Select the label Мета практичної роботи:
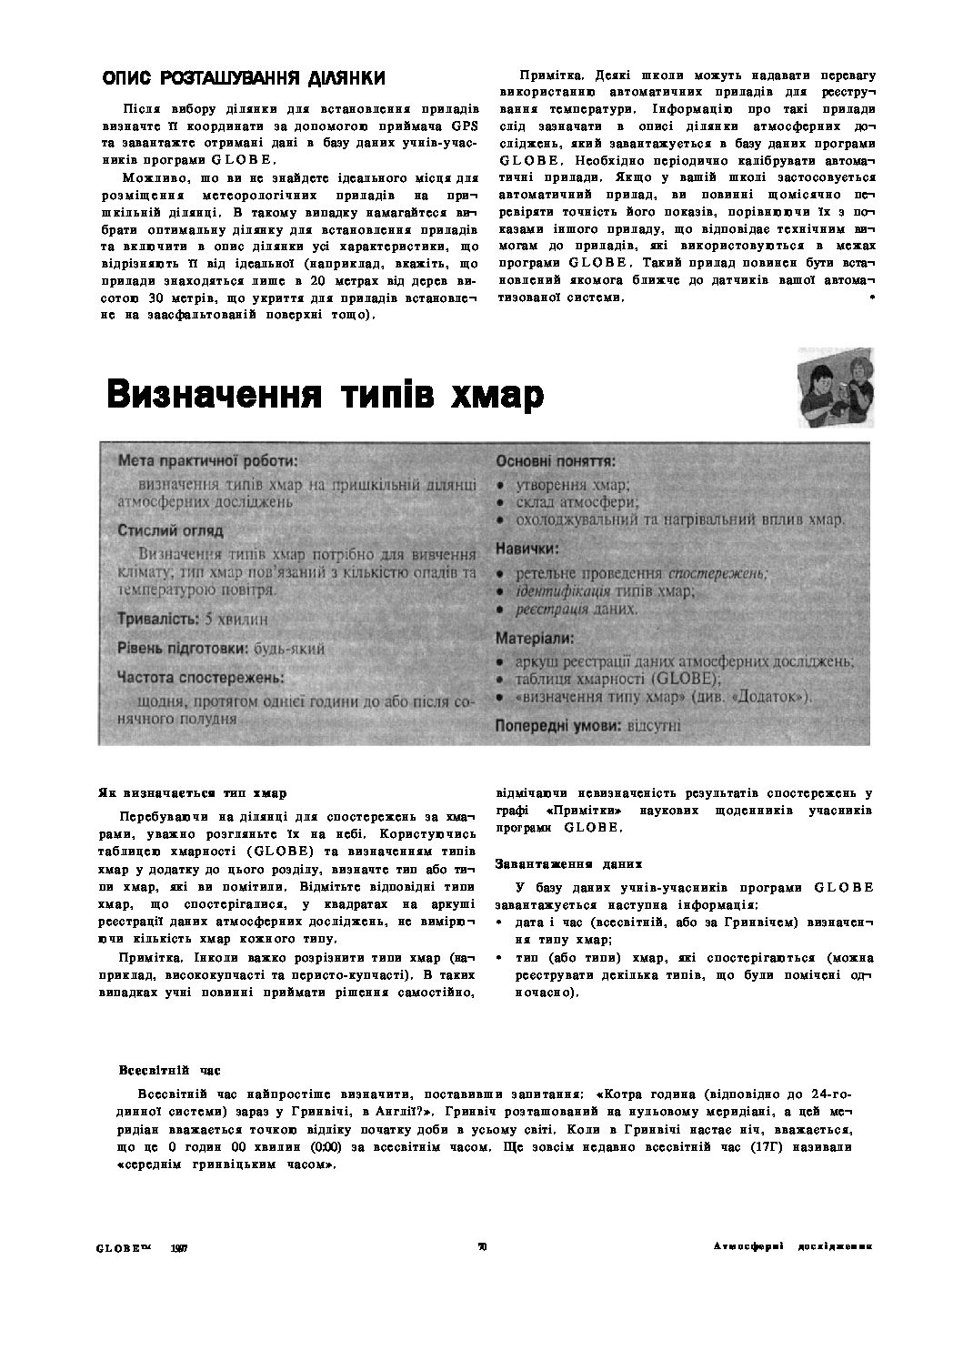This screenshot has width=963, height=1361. (x=207, y=462)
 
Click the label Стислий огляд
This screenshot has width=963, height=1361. (x=170, y=530)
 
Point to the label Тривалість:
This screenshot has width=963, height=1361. (x=158, y=620)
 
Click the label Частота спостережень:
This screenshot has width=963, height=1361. (x=200, y=678)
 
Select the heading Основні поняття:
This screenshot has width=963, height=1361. (x=556, y=461)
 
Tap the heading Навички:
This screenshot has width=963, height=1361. (x=527, y=549)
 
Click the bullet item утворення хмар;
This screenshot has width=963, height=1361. (x=573, y=485)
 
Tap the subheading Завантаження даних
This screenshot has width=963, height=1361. (x=568, y=863)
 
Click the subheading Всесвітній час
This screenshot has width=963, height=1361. (x=169, y=1070)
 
